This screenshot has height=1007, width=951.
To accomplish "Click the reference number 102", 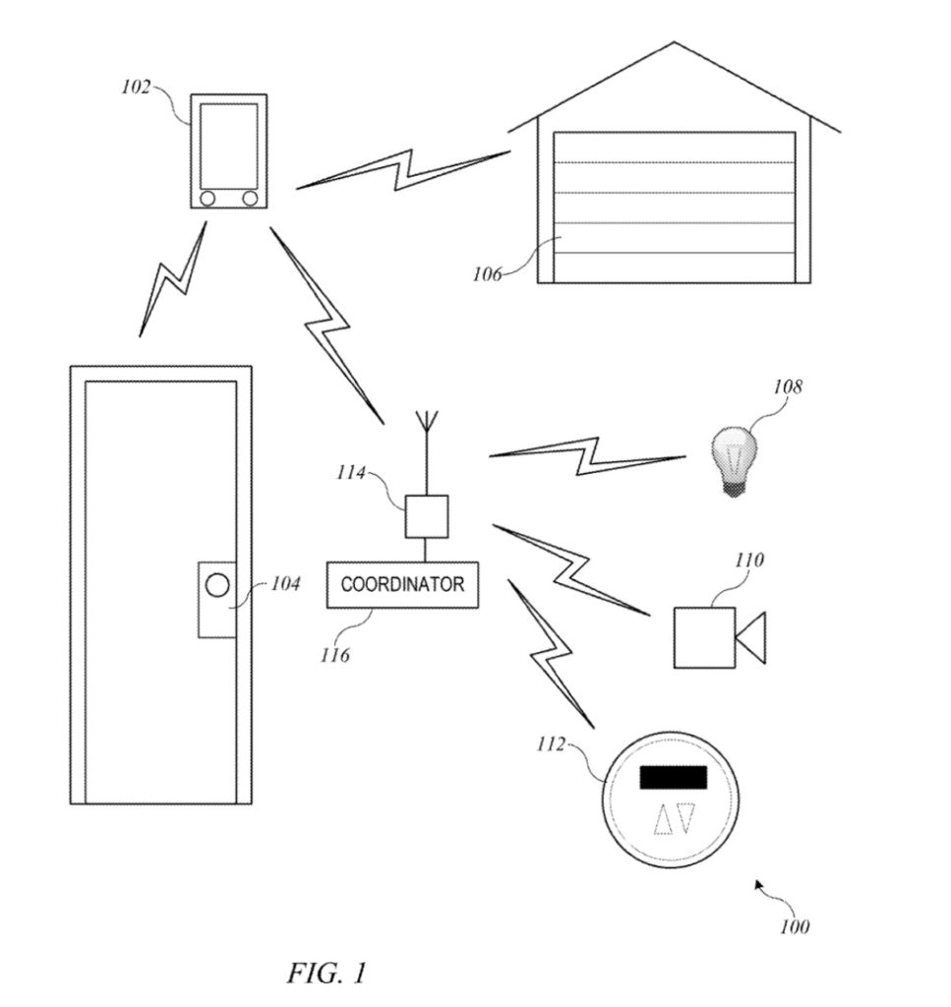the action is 136,88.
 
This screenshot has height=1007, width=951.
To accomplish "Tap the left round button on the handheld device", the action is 208,199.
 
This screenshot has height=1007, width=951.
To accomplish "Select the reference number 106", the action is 487,275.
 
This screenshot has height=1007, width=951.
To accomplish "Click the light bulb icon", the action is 734,460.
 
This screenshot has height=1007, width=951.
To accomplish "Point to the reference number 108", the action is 788,386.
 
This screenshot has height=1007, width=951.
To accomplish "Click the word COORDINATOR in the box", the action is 402,584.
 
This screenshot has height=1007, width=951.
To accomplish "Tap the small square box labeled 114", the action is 427,516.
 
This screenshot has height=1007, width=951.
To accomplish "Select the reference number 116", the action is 335,655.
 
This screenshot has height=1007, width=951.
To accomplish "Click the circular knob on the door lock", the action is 217,585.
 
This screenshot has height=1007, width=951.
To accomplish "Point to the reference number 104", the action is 285,584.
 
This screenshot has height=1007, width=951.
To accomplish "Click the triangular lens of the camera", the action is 750,637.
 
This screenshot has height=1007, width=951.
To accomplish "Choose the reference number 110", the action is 748,560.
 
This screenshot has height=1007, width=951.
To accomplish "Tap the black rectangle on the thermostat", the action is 674,777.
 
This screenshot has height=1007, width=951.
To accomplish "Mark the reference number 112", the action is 551,744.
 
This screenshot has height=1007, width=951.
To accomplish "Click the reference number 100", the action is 795,926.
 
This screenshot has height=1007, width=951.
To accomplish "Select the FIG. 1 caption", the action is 327,973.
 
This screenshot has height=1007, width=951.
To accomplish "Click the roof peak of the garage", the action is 674,43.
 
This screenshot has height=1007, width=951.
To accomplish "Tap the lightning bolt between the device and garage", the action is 403,170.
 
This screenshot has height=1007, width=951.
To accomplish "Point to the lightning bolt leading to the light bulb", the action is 587,456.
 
